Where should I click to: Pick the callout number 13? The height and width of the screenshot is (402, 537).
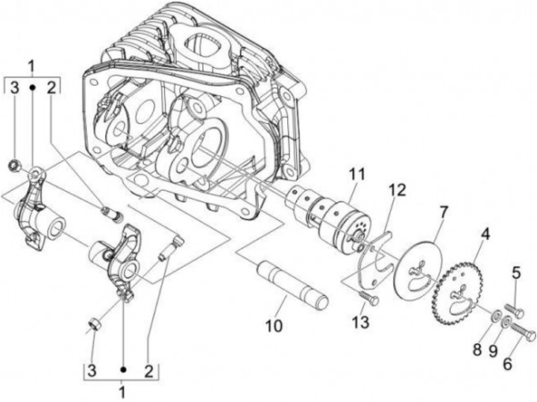[x=508, y=365]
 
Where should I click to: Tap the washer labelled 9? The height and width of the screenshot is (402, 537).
[x=505, y=323]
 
